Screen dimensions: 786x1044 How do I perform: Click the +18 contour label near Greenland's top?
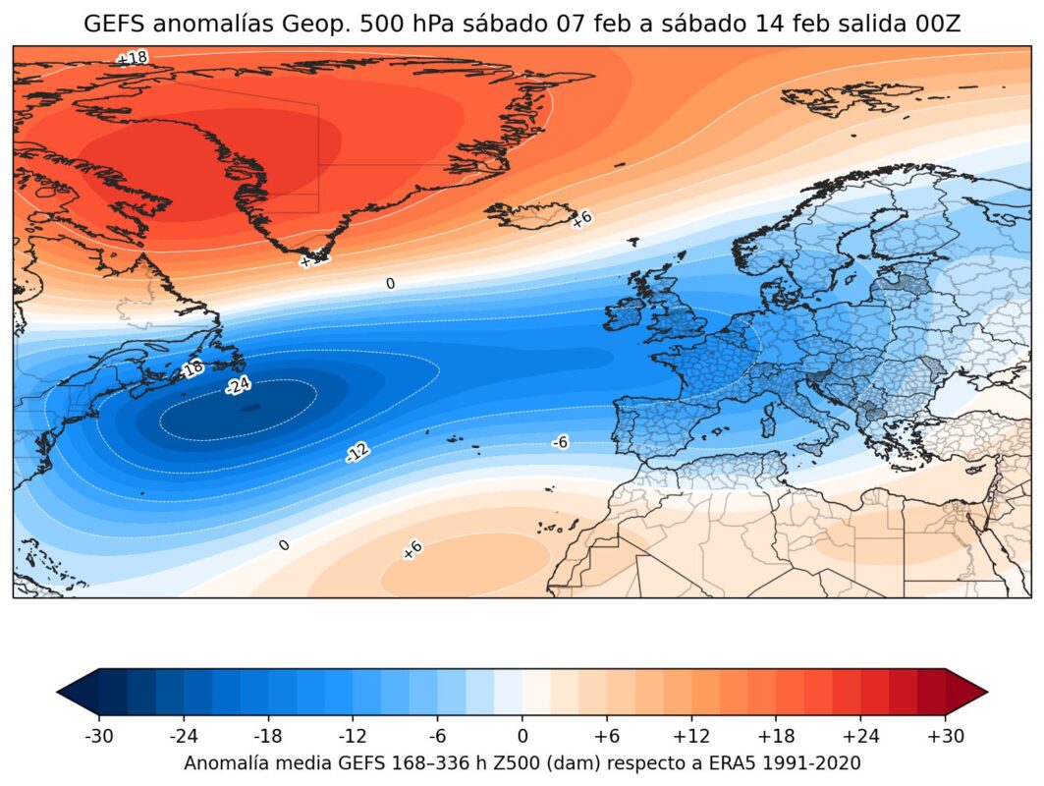131,58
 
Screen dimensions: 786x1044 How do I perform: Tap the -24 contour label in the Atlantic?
237,385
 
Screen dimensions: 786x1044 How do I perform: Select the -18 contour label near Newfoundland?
192,368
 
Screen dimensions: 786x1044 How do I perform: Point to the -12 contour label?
357,452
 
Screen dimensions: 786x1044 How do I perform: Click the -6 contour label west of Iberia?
560,443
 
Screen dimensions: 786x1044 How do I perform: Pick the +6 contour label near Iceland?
580,219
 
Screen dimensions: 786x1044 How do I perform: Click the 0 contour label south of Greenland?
390,284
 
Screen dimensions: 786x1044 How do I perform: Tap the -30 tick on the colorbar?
98,735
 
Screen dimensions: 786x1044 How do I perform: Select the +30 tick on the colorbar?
945,735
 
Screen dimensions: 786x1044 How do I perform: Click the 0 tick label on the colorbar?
522,735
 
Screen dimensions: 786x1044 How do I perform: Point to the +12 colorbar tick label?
691,735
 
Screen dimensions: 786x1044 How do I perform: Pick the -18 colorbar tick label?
268,735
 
